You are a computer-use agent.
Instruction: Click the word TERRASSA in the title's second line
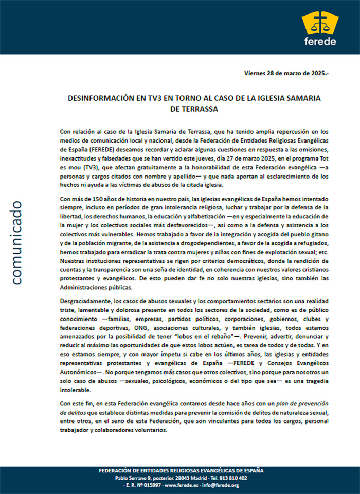tap(199, 109)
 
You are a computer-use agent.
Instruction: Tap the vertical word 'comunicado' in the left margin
tap(16, 242)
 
